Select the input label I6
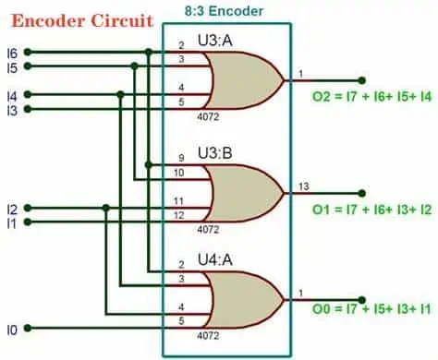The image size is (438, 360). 10,53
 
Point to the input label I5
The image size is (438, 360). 10,66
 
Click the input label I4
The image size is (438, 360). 10,95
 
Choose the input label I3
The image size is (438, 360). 10,110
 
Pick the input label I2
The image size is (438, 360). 10,209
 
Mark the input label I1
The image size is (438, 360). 10,223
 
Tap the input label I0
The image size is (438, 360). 10,328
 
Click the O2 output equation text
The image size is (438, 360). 371,97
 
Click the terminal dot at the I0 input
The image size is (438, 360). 27,328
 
